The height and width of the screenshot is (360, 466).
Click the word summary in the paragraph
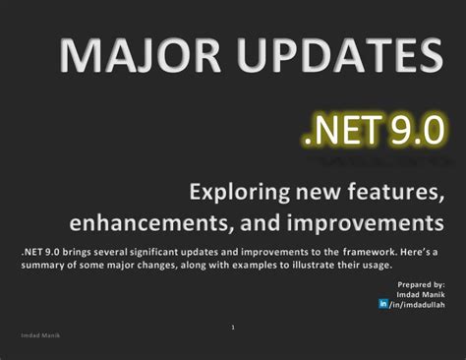[43, 266]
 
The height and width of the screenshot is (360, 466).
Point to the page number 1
[233, 327]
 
